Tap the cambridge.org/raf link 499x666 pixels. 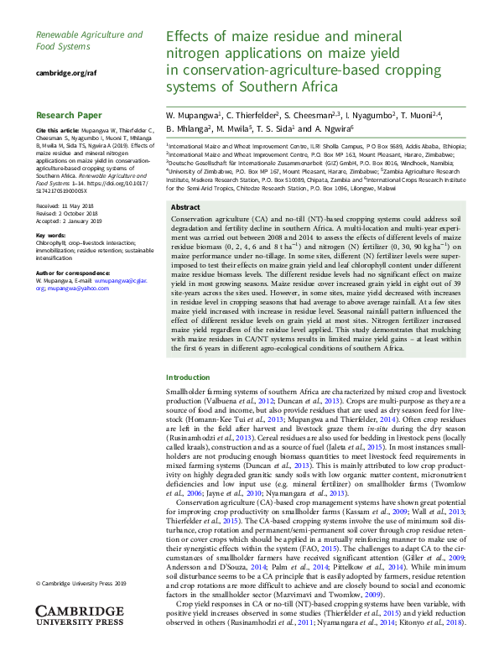pos(66,73)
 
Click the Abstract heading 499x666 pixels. pos(185,206)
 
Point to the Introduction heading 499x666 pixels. pos(189,378)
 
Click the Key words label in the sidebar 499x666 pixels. pos(51,236)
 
